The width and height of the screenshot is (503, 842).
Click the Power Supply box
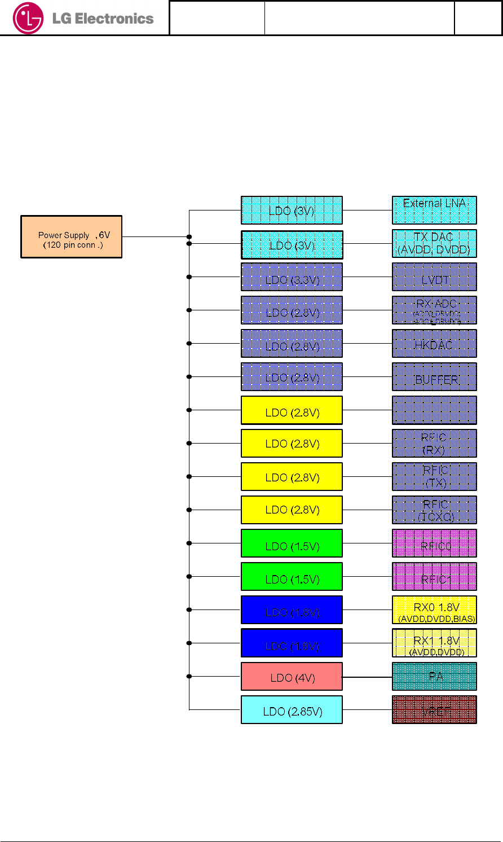click(x=72, y=237)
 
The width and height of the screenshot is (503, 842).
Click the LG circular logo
click(x=28, y=18)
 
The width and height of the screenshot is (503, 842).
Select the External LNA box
click(x=434, y=210)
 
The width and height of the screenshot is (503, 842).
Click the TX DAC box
click(x=434, y=243)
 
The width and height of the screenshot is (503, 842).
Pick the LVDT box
click(x=434, y=277)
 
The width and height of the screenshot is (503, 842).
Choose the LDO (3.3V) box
click(x=292, y=277)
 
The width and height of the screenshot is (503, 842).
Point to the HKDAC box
click(x=434, y=344)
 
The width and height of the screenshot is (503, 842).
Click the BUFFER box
click(x=434, y=377)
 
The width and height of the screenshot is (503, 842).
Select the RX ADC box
click(x=434, y=310)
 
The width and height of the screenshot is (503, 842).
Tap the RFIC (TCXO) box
click(x=434, y=510)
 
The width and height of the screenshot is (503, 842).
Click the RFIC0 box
click(x=434, y=543)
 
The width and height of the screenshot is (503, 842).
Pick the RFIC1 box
click(x=434, y=577)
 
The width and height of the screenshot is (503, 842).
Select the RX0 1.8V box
click(x=434, y=610)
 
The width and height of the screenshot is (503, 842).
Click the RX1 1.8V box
click(x=434, y=643)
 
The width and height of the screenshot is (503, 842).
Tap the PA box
click(x=434, y=677)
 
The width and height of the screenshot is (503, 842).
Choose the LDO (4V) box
click(x=292, y=677)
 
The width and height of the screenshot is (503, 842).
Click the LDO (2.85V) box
click(x=292, y=710)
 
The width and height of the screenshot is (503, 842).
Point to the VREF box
click(x=434, y=710)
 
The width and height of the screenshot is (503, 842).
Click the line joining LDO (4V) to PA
click(x=367, y=677)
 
